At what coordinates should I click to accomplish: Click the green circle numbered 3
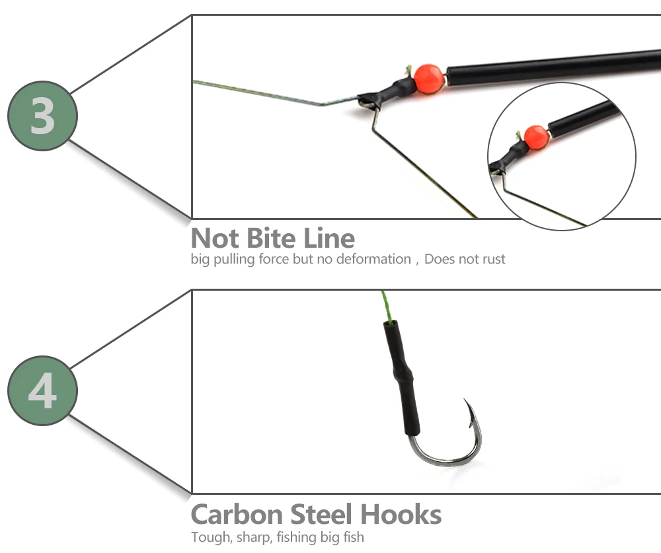click(x=42, y=116)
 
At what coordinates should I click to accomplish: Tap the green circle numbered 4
click(x=42, y=391)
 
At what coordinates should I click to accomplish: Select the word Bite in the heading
click(x=274, y=238)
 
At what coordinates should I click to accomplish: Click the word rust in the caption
click(x=493, y=259)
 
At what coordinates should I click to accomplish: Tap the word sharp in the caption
click(x=253, y=537)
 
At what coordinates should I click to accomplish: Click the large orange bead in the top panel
click(x=429, y=78)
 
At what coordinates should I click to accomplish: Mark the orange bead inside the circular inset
click(x=536, y=137)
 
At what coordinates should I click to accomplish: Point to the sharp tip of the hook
click(x=465, y=401)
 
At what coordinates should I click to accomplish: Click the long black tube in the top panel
click(x=549, y=66)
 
